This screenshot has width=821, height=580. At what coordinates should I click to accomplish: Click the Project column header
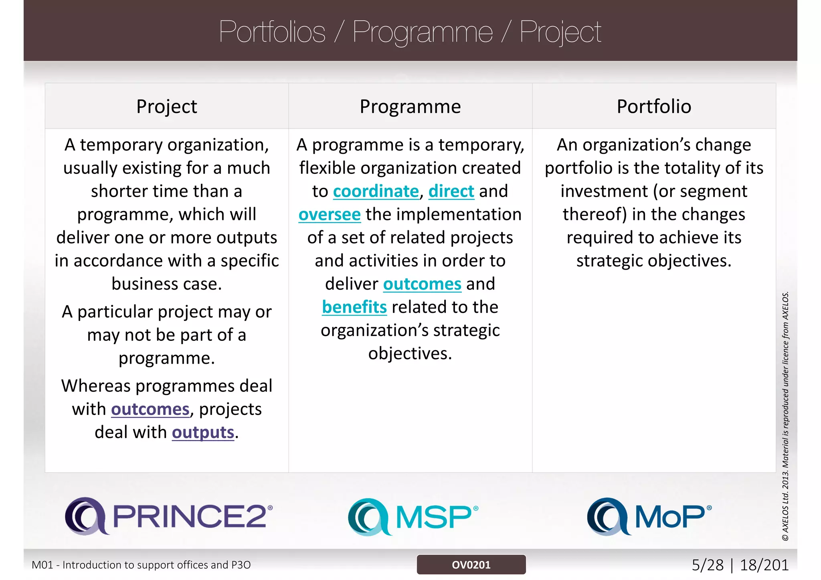point(166,107)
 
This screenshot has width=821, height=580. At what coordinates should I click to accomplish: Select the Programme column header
point(410,107)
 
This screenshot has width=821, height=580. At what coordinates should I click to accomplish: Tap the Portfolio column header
point(654,107)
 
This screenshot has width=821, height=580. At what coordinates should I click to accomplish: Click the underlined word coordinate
point(376,191)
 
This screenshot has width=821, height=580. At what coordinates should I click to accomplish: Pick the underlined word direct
point(451,191)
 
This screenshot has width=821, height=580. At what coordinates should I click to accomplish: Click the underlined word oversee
point(330,215)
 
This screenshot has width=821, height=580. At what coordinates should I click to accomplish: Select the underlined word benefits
point(354,307)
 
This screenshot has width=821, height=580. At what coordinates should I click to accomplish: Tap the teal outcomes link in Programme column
point(422,284)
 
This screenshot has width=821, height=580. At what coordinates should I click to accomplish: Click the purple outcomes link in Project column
point(150,409)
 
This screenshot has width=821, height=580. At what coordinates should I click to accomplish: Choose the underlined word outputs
point(203,433)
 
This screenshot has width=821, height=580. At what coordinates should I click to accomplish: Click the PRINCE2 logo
point(169,516)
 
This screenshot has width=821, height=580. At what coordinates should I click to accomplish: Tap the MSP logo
point(413,517)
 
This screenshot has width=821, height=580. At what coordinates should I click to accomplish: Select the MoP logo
point(649,517)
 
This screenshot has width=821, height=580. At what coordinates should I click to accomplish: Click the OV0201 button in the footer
point(471,565)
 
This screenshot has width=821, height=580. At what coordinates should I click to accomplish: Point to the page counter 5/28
point(708,565)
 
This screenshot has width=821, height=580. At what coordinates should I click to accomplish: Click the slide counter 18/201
point(764,565)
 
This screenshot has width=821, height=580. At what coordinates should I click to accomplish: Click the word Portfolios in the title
point(272,32)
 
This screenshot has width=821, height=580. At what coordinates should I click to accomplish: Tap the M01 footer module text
point(141,565)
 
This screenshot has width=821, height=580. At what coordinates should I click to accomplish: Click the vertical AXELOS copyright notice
point(785,417)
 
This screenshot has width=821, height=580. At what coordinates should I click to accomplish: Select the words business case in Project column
point(166,284)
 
